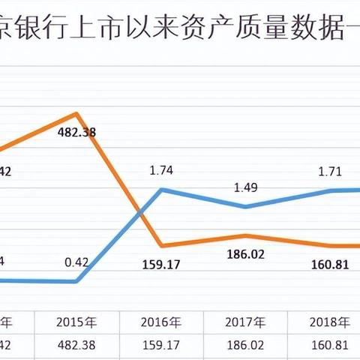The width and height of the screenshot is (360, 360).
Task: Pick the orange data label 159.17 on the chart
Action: point(161,264)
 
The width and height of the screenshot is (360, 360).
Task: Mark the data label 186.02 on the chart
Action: point(245,255)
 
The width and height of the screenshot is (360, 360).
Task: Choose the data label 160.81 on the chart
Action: point(330,264)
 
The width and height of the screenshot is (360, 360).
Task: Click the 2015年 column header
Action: point(77,323)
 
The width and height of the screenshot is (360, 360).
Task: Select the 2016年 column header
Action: point(161,323)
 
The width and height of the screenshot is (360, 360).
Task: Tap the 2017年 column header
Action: point(245,323)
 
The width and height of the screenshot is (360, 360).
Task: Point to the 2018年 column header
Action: point(330,323)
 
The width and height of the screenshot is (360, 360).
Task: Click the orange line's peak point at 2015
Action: point(76,114)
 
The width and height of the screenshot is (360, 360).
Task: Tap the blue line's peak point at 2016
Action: point(162,189)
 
